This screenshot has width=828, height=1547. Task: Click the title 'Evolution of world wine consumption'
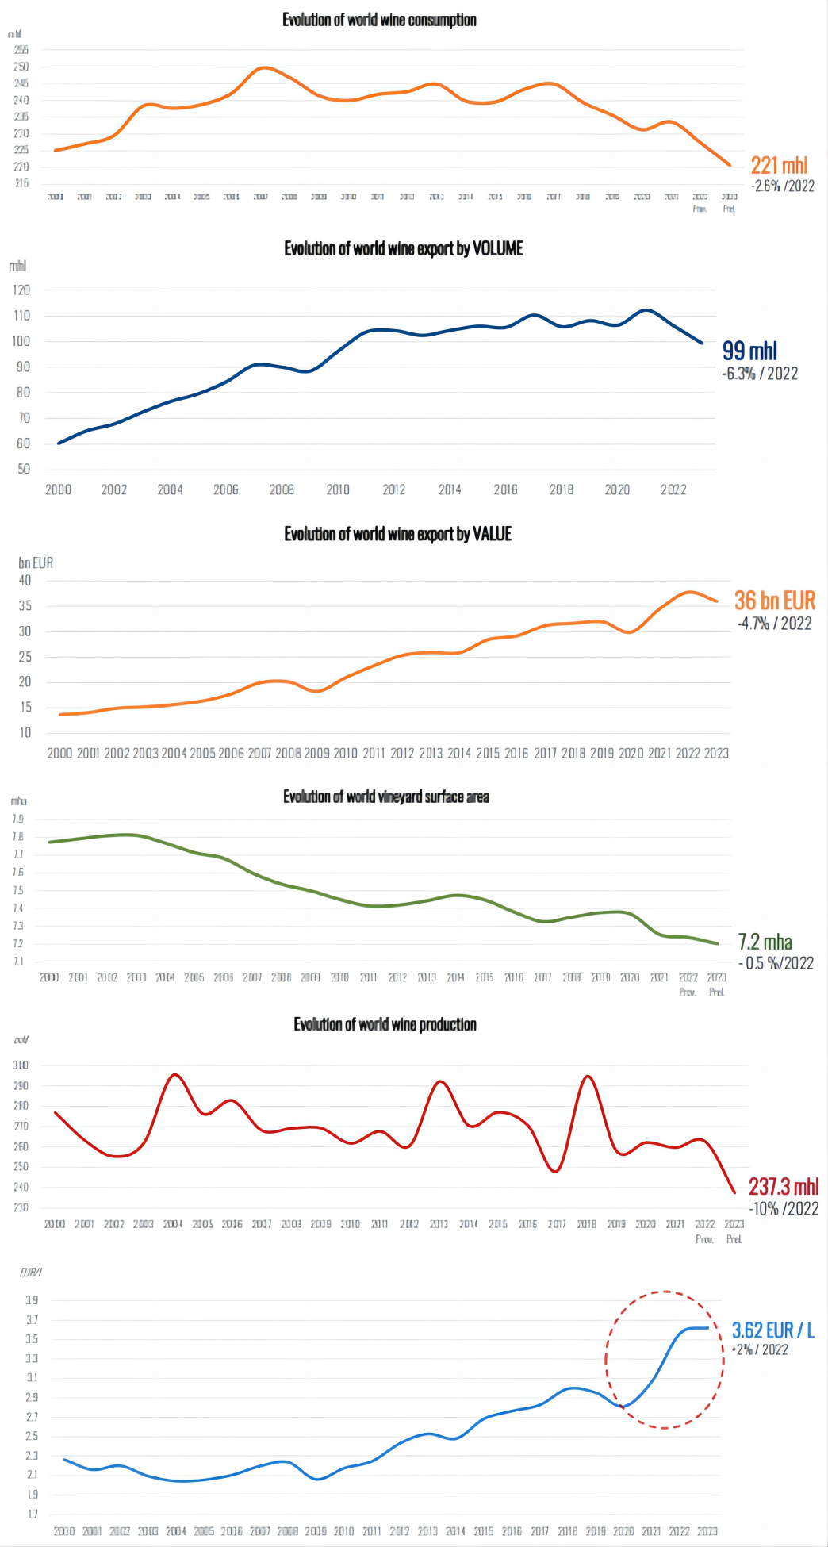pyautogui.click(x=379, y=20)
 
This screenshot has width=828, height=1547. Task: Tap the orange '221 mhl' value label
pyautogui.click(x=779, y=165)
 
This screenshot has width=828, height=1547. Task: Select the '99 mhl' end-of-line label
pyautogui.click(x=749, y=351)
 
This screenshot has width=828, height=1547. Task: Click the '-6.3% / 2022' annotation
pyautogui.click(x=760, y=374)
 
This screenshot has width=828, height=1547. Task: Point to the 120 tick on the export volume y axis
pyautogui.click(x=21, y=290)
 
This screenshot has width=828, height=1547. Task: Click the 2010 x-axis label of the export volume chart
pyautogui.click(x=338, y=489)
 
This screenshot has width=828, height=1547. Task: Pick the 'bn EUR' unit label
pyautogui.click(x=36, y=562)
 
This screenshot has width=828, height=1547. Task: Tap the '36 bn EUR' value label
pyautogui.click(x=774, y=601)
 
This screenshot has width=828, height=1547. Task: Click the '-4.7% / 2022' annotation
pyautogui.click(x=774, y=624)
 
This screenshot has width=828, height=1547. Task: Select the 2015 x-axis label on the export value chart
pyautogui.click(x=488, y=753)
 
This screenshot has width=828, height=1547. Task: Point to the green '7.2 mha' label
pyautogui.click(x=765, y=942)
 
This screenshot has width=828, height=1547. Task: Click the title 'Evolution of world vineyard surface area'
pyautogui.click(x=386, y=797)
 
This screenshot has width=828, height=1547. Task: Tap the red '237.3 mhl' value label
pyautogui.click(x=784, y=1187)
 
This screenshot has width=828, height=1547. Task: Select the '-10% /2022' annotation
pyautogui.click(x=784, y=1209)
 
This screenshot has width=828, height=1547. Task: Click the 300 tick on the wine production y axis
pyautogui.click(x=21, y=1065)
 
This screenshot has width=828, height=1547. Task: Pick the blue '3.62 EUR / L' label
pyautogui.click(x=772, y=1330)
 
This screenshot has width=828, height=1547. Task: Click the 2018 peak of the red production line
pyautogui.click(x=587, y=1077)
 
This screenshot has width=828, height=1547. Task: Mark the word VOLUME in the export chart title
pyautogui.click(x=498, y=248)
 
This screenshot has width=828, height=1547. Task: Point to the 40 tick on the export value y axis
pyautogui.click(x=25, y=581)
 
